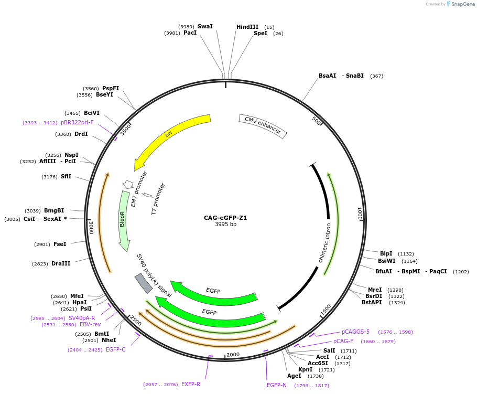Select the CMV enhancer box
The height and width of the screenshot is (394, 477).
pos(263,126)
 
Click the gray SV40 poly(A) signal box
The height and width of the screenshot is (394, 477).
pos(143,283)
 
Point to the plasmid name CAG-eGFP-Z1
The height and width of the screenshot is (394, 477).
pos(225,218)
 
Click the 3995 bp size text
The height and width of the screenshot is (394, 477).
pos(225,225)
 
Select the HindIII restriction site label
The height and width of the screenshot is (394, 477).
pos(247,27)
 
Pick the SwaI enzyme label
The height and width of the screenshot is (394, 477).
pos(205,26)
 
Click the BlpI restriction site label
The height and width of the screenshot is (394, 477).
pos(386,253)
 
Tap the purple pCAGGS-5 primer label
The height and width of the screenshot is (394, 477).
pos(355,332)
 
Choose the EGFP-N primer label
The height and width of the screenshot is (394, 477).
pos(277,385)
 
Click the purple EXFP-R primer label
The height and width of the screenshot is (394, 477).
pos(191,384)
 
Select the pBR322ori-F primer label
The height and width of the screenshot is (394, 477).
pos(77,122)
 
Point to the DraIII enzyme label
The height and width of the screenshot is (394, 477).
pos(61,263)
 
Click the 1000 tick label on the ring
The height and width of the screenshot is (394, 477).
pos(360,214)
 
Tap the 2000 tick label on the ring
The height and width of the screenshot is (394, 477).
pos(233,354)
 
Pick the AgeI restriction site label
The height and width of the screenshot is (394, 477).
pos(294,376)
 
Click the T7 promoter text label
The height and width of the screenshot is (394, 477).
pos(158,199)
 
